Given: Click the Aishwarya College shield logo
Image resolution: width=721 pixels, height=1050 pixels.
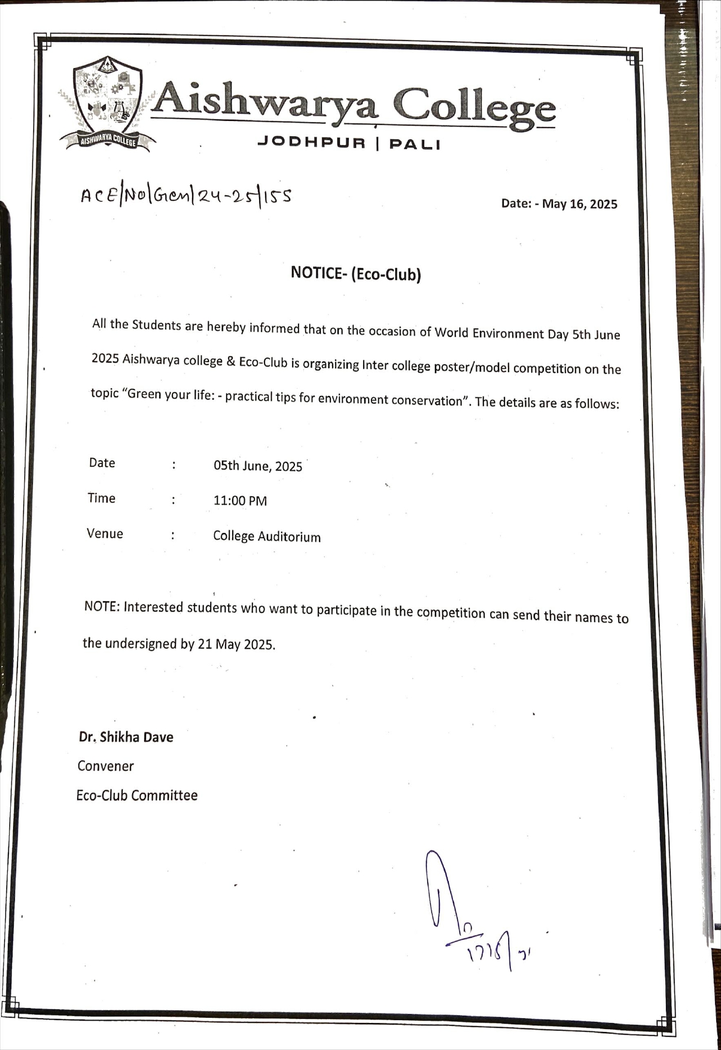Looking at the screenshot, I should click(x=107, y=103).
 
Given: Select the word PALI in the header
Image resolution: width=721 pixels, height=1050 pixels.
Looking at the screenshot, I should click(x=414, y=144).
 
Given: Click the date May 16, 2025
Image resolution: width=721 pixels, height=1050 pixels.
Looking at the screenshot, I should click(x=579, y=204).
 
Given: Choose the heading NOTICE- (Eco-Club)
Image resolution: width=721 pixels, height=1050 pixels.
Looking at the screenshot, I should click(x=356, y=273).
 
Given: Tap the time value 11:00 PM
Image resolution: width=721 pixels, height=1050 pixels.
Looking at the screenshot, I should click(x=240, y=501).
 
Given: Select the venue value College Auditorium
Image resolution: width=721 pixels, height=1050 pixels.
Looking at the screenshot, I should click(x=267, y=536).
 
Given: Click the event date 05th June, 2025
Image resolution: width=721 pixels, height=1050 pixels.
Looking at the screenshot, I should click(x=258, y=466).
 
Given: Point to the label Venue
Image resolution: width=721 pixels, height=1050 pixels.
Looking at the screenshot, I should click(x=105, y=533).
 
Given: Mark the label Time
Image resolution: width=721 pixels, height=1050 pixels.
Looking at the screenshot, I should click(x=101, y=498).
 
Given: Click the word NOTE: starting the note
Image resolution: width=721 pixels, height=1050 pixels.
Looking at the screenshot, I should click(x=102, y=606).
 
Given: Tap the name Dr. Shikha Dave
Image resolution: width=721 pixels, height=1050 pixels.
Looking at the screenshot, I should click(x=126, y=736).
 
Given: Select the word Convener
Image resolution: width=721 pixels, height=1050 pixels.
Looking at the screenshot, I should click(x=105, y=766).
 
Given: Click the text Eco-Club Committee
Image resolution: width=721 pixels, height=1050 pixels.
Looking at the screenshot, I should click(x=136, y=795).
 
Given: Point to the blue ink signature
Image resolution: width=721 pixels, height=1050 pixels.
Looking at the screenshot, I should click(x=473, y=909).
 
